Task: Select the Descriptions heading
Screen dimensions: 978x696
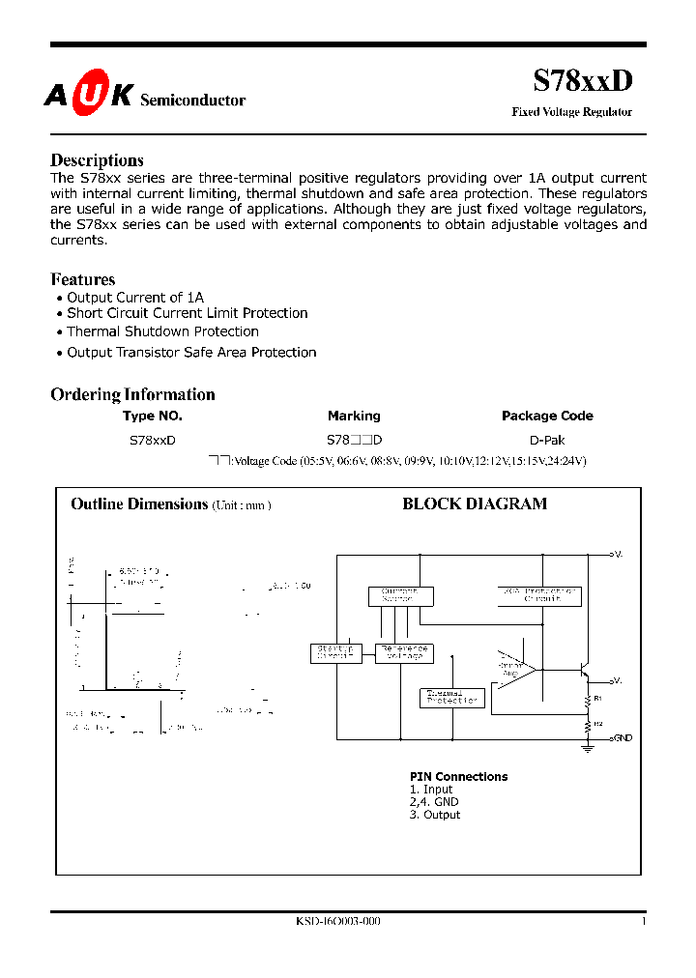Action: click(97, 160)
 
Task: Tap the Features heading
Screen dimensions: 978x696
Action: click(82, 279)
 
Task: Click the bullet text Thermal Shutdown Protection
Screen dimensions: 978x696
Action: click(162, 331)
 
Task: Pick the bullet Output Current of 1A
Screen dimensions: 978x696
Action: click(135, 298)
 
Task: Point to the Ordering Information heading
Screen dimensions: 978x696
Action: click(132, 394)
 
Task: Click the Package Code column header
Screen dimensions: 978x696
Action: click(547, 416)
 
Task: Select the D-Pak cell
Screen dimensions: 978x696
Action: click(547, 440)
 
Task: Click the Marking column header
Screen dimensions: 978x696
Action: click(354, 416)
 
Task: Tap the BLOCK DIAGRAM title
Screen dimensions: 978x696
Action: click(474, 503)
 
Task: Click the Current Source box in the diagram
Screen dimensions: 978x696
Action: click(400, 596)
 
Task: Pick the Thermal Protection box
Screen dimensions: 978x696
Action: click(451, 697)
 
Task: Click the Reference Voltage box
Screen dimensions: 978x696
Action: click(403, 653)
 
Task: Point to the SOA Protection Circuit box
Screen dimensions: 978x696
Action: click(540, 595)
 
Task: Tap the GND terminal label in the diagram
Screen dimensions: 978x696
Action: click(622, 738)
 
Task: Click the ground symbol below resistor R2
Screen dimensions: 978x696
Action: click(587, 747)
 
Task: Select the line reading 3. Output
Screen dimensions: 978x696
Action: click(434, 815)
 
